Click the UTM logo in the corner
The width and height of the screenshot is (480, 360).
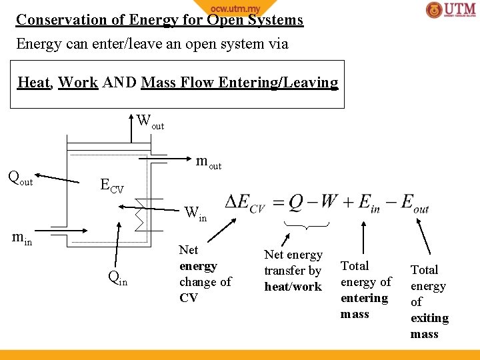(x=451, y=10)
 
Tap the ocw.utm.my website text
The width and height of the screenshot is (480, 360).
(x=235, y=7)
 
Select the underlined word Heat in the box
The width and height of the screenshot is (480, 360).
(x=33, y=83)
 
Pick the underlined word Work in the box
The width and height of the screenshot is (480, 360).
(x=78, y=83)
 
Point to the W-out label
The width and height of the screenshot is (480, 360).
(x=150, y=122)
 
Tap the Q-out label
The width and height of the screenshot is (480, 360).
(x=20, y=177)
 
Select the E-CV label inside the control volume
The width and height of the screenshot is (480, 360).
(x=111, y=185)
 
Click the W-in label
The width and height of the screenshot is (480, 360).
(x=195, y=214)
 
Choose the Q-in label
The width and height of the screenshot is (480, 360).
(x=117, y=279)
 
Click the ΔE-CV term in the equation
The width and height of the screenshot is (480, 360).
(x=245, y=203)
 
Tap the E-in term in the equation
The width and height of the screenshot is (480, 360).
(x=369, y=203)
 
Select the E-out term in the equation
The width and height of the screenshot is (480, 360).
(x=415, y=203)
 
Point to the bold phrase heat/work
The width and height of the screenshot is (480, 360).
(x=293, y=287)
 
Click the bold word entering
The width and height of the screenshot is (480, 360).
(x=364, y=298)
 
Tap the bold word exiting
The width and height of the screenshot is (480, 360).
(x=429, y=318)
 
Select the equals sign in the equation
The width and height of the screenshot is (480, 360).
(x=278, y=203)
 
